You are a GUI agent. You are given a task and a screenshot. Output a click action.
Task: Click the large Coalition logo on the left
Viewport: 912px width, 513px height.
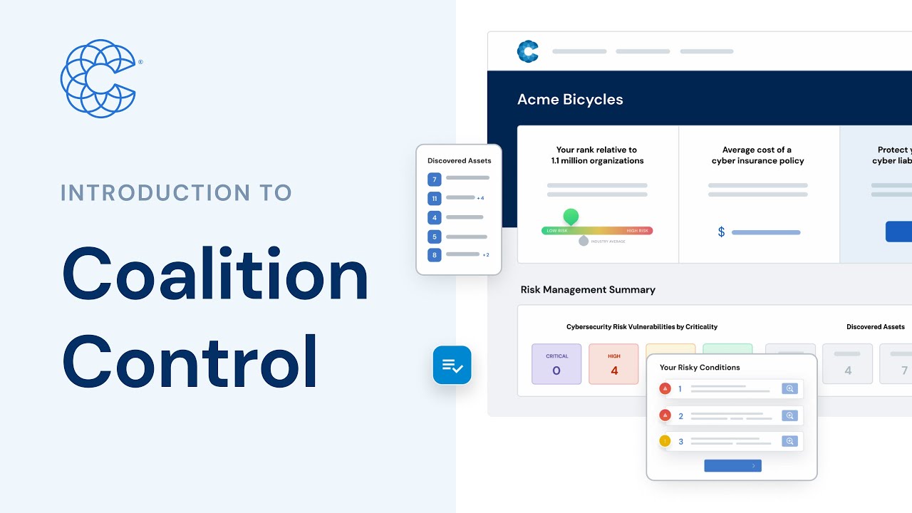pyautogui.click(x=98, y=78)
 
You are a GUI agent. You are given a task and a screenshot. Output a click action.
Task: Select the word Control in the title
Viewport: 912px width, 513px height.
pyautogui.click(x=190, y=362)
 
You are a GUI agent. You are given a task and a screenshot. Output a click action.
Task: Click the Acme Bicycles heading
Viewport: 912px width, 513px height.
pyautogui.click(x=570, y=100)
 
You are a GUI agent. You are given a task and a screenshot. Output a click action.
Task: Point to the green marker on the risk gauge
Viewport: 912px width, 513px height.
pyautogui.click(x=571, y=216)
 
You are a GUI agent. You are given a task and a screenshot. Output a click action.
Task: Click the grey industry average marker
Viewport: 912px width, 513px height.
pyautogui.click(x=584, y=241)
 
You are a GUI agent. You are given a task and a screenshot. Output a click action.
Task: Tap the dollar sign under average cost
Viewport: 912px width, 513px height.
pyautogui.click(x=721, y=232)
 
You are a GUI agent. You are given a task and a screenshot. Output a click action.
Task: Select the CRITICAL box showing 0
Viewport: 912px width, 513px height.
pyautogui.click(x=556, y=364)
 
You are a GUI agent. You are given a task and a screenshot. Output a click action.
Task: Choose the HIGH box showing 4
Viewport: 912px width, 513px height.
pyautogui.click(x=614, y=364)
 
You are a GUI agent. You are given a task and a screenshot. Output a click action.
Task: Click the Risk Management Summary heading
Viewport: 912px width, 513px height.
pyautogui.click(x=588, y=289)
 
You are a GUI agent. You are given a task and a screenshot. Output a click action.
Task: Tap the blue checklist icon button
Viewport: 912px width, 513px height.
pyautogui.click(x=452, y=366)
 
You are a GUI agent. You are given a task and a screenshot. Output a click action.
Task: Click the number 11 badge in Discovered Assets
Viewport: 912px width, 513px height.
pyautogui.click(x=435, y=198)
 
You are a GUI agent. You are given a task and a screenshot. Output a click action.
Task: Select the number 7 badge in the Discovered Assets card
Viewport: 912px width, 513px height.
pyautogui.click(x=435, y=179)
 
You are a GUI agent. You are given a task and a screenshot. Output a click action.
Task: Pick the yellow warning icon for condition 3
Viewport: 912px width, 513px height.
pyautogui.click(x=665, y=441)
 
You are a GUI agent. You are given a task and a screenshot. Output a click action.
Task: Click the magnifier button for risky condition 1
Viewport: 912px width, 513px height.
pyautogui.click(x=789, y=389)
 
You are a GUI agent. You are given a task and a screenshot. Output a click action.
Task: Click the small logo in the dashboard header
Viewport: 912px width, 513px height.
pyautogui.click(x=527, y=51)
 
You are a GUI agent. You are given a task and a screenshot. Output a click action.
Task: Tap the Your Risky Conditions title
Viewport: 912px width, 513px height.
pyautogui.click(x=700, y=368)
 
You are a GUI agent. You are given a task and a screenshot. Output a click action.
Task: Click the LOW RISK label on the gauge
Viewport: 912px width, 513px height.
pyautogui.click(x=556, y=231)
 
